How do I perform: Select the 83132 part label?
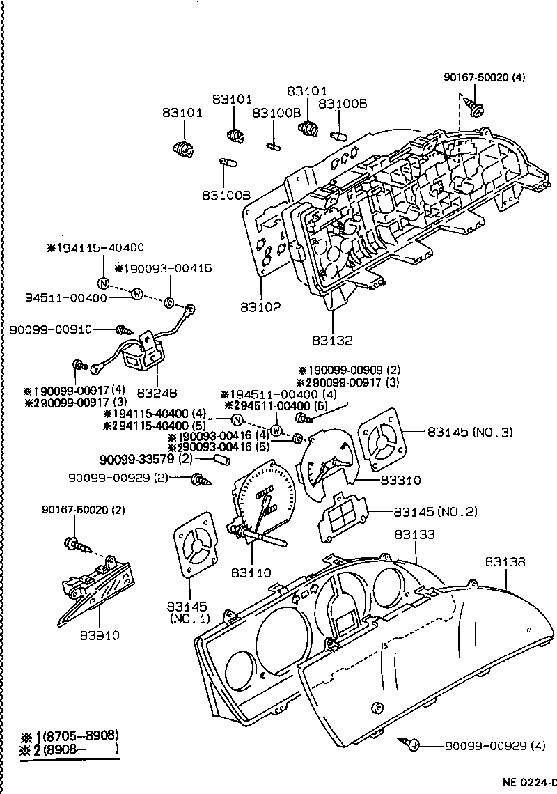[332, 341]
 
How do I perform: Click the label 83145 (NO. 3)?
[470, 432]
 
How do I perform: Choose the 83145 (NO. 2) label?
[436, 512]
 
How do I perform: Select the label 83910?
[100, 635]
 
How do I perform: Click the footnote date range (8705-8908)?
[80, 735]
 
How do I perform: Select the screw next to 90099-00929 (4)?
[412, 745]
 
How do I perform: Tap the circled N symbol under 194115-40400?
[103, 283]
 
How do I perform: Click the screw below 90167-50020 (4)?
[477, 109]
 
